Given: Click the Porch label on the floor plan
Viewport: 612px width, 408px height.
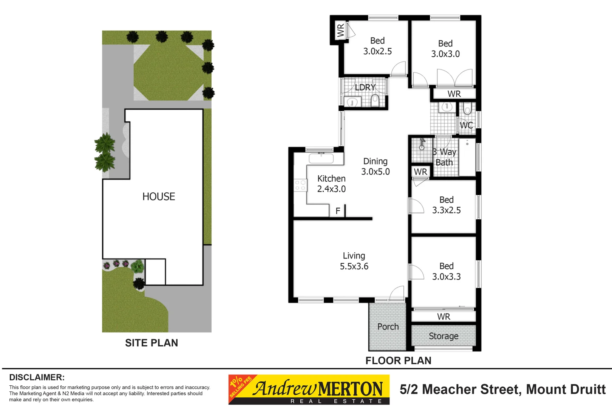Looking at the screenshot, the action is click(388, 326).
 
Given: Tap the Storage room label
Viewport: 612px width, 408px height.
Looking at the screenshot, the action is click(444, 336).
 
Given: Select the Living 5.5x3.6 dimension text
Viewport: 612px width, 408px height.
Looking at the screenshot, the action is click(354, 266).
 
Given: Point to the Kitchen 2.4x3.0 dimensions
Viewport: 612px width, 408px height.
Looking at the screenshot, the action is click(331, 189).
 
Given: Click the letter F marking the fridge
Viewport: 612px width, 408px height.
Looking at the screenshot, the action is click(338, 211).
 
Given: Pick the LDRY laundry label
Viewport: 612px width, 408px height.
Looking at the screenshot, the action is click(365, 87).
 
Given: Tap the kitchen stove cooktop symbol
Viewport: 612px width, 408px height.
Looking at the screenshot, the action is click(300, 185).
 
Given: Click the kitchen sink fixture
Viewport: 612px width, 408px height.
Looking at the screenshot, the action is click(321, 159).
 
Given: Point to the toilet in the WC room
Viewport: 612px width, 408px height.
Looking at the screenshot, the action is click(467, 108).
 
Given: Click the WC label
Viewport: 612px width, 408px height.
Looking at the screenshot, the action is click(466, 125).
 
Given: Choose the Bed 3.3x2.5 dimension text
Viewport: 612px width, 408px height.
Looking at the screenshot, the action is click(447, 210).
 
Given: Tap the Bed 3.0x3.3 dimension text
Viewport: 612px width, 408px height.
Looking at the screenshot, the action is click(447, 277).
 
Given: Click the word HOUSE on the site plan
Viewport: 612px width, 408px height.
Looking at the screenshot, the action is click(159, 196).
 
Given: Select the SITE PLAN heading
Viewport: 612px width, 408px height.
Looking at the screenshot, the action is click(151, 343).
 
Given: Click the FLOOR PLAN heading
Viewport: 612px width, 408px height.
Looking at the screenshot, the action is click(398, 360).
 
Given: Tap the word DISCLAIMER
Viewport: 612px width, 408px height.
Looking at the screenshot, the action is click(37, 377).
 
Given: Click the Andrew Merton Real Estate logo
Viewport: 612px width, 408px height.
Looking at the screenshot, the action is click(309, 389).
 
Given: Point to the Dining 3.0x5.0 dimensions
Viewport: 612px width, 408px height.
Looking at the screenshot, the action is click(376, 172).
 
